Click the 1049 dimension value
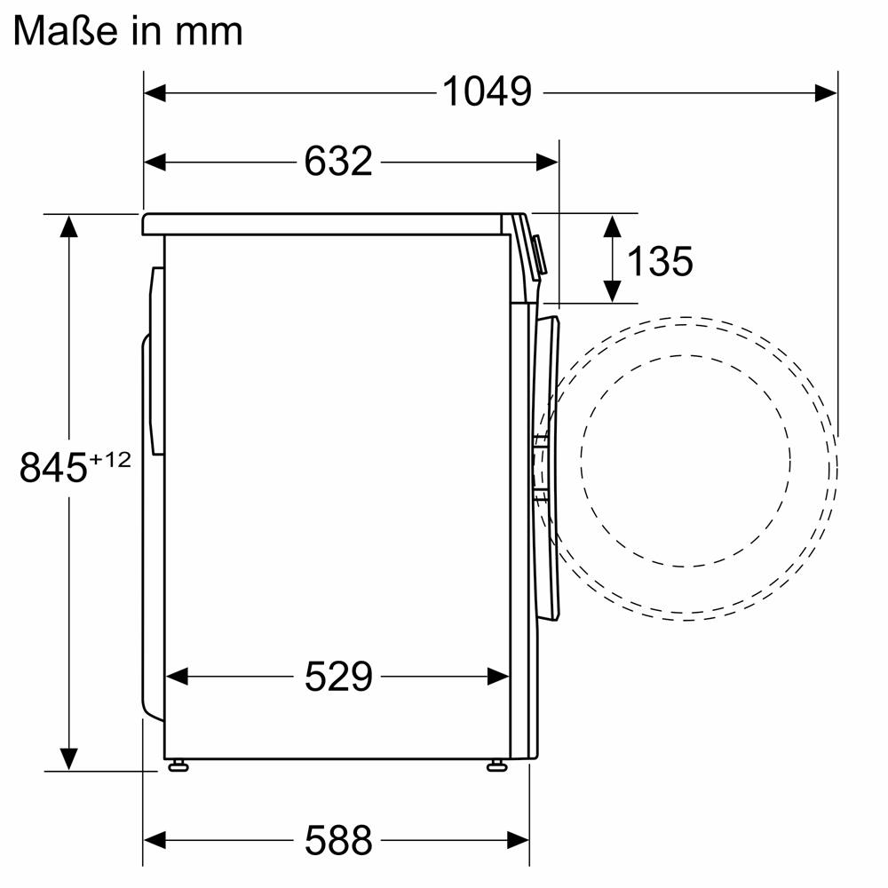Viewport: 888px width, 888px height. click(x=487, y=91)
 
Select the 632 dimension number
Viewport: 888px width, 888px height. click(x=338, y=162)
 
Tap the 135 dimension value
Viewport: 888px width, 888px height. click(x=660, y=261)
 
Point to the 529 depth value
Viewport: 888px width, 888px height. click(x=338, y=676)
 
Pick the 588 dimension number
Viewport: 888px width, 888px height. click(x=338, y=840)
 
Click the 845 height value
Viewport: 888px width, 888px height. click(x=53, y=467)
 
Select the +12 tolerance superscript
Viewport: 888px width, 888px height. click(x=110, y=459)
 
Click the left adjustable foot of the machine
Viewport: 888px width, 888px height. click(x=178, y=765)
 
